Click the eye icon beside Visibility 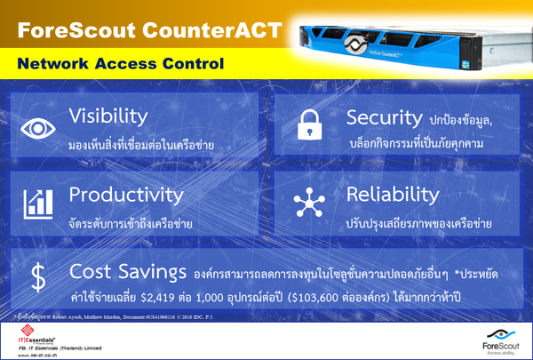[x=37, y=127]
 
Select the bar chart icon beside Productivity [x=37, y=204]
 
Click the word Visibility [x=107, y=117]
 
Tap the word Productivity [x=125, y=193]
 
